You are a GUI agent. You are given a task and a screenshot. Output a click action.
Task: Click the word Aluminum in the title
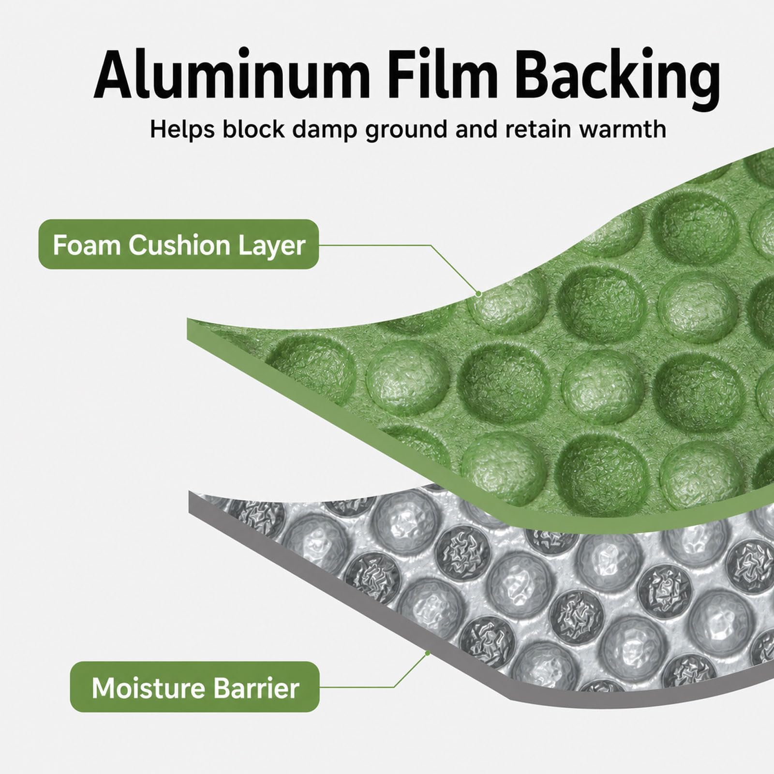pos(232,74)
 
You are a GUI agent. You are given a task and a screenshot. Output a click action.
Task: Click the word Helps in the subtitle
pos(182,130)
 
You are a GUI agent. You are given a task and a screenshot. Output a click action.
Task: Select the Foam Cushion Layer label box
pos(179,244)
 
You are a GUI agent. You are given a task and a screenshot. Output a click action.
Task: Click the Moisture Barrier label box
pos(194,686)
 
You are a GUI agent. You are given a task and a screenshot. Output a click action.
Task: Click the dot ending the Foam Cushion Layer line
pos(478,294)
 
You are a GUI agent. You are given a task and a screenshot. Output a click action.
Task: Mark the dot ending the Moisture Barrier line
pos(427,653)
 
